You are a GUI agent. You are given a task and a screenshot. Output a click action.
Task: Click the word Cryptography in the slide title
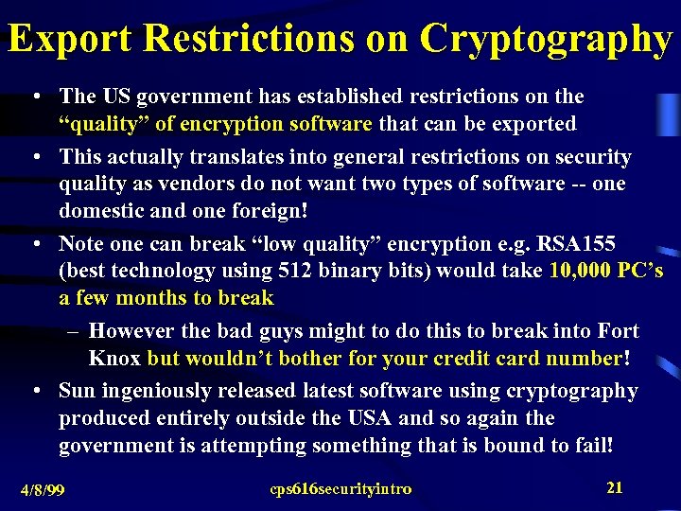(x=546, y=39)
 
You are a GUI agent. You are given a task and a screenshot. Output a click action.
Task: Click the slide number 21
(x=615, y=487)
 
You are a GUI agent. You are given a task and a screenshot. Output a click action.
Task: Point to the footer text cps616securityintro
(x=340, y=488)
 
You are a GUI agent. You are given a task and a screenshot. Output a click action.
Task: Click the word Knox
(x=114, y=359)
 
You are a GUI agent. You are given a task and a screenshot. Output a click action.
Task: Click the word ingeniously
(x=155, y=391)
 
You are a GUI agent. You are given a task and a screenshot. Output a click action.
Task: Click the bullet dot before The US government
(x=35, y=97)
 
